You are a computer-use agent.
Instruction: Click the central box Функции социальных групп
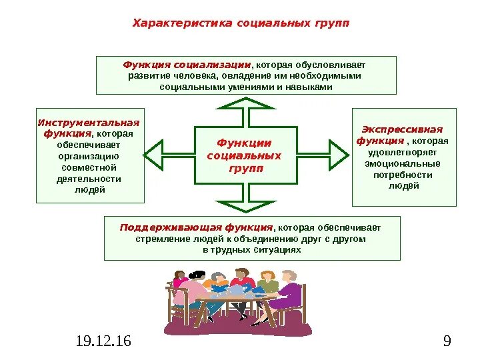click(x=245, y=155)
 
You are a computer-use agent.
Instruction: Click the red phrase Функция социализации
click(x=187, y=65)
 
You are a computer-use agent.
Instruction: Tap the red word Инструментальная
click(x=89, y=123)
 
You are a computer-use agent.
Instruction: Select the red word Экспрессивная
click(x=402, y=129)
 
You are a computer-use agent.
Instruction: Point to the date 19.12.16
click(x=103, y=342)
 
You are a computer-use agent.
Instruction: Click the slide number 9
click(x=447, y=342)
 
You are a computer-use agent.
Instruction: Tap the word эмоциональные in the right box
click(x=403, y=163)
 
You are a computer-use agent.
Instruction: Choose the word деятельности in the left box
click(x=89, y=179)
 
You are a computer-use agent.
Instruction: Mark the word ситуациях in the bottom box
click(x=277, y=250)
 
